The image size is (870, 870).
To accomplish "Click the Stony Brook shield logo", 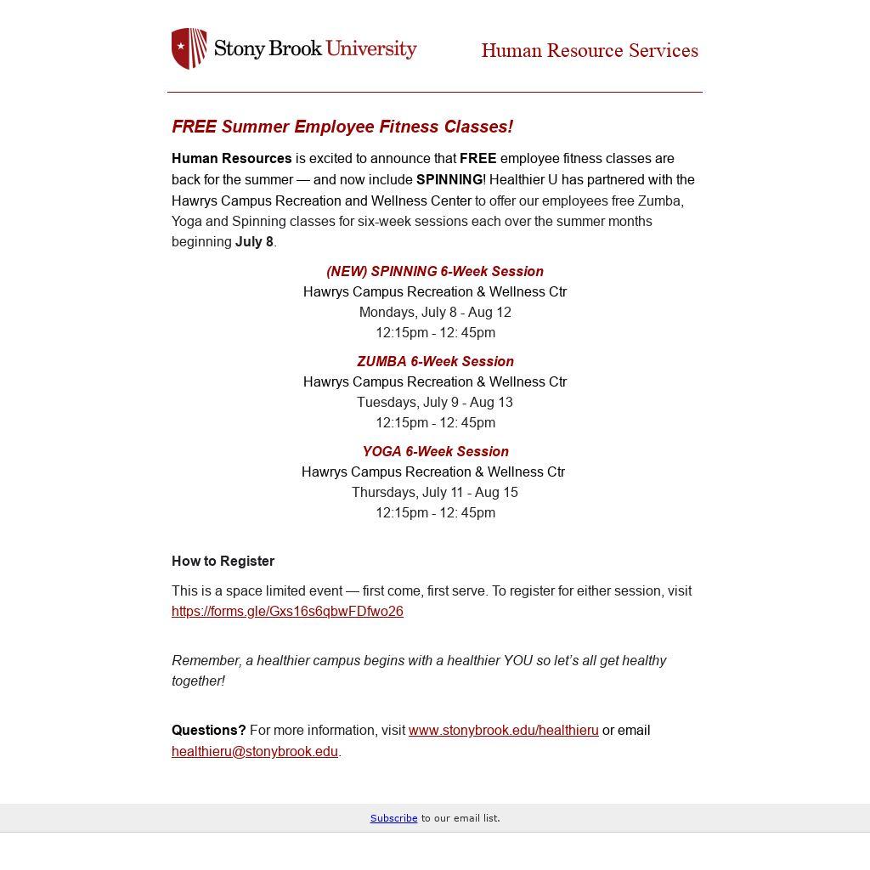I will pos(189,48).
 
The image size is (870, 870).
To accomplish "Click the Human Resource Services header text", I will pos(590,51).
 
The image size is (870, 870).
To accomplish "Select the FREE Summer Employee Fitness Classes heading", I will pos(342,127).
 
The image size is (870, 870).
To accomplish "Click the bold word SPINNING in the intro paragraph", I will pos(449,179).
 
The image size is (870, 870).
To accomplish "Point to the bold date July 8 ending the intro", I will pos(254,241).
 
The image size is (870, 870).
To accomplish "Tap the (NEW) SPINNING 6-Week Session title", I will pos(435,271).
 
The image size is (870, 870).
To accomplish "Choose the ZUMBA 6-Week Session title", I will pos(435,361).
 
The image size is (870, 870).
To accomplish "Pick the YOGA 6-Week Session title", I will pos(435,451).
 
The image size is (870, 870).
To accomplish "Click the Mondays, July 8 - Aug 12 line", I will pos(435,312).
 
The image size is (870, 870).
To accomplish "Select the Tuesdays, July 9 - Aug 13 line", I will pos(435,402).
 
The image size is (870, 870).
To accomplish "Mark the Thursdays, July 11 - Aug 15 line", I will pos(435,492).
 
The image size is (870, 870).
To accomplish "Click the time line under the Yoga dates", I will pos(435,512).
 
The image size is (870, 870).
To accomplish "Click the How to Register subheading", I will pos(223,561).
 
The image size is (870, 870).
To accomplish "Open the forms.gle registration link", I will pos(287,611).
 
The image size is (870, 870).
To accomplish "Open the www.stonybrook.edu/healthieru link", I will pos(503,730).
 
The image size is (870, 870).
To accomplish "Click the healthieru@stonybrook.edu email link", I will pos(255,751).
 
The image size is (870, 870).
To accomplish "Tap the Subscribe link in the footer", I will pos(393,818).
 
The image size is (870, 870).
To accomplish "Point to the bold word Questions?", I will pos(208,730).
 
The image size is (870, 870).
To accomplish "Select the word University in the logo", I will pos(371,48).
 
